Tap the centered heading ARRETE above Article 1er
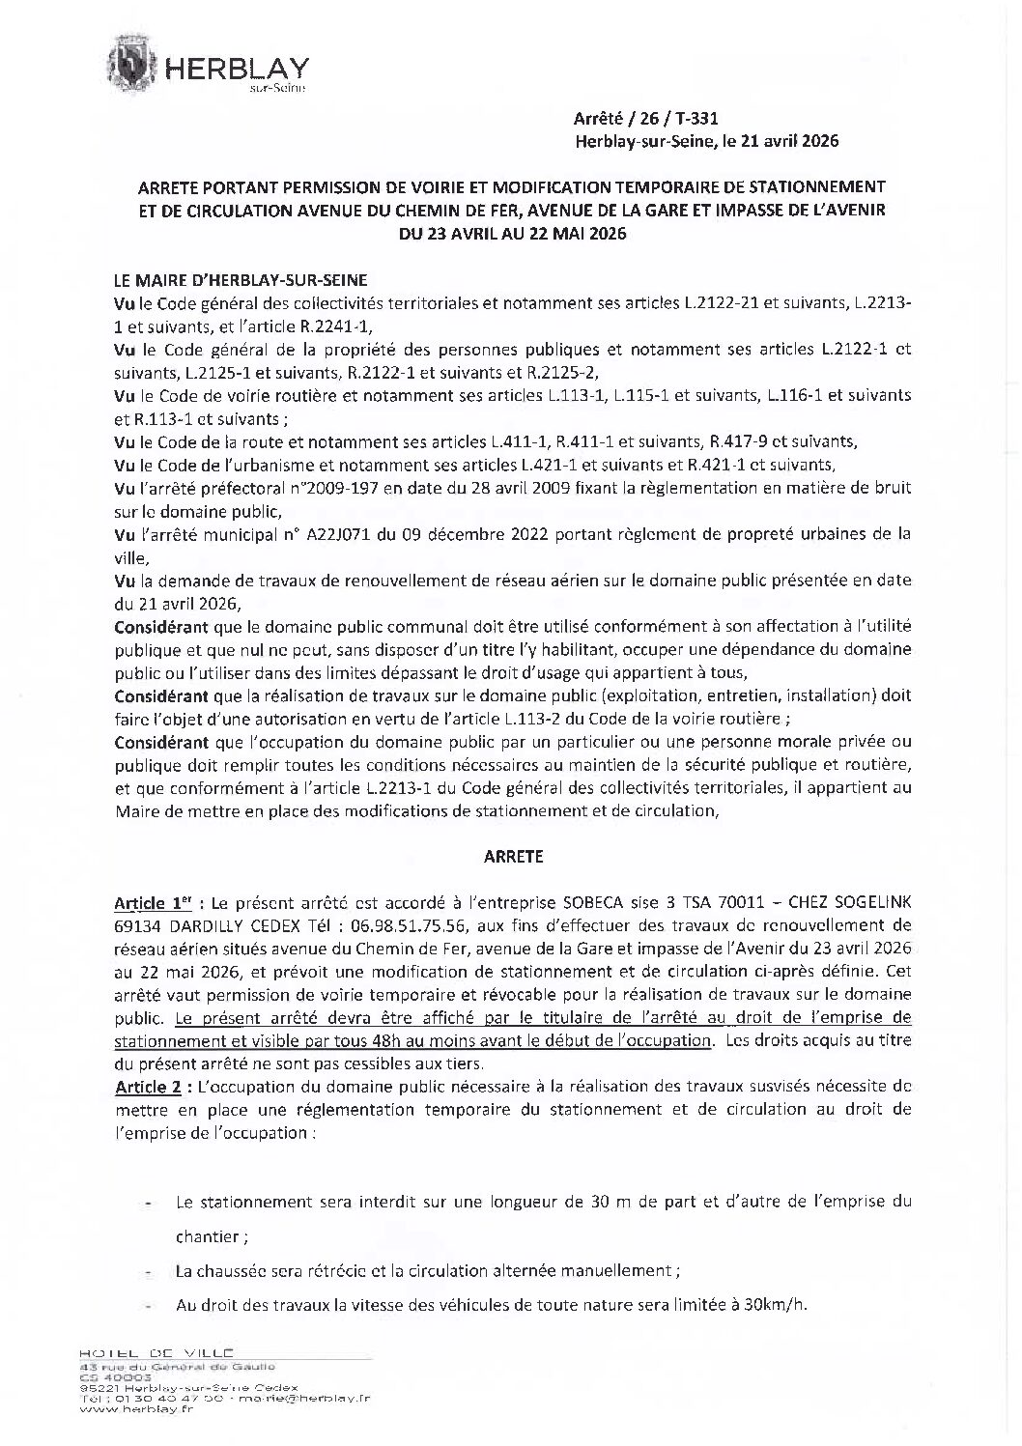(x=512, y=856)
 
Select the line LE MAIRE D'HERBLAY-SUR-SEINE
(x=241, y=280)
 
